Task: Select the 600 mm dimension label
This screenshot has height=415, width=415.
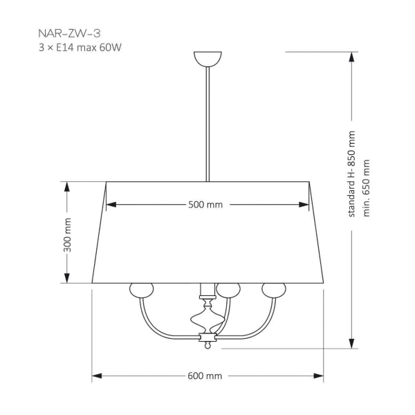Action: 205,376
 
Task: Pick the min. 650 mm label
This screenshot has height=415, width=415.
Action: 367,189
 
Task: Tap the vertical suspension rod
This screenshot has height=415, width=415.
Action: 206,124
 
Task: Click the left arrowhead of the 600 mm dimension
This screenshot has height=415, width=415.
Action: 97,376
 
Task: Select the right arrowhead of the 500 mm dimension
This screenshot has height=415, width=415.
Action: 304,205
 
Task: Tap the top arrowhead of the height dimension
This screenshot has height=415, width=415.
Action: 351,55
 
